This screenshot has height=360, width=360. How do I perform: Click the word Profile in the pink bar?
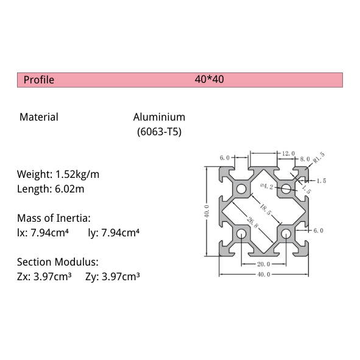click(x=38, y=80)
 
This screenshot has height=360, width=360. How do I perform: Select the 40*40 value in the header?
click(x=209, y=80)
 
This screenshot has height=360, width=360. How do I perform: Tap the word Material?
click(x=39, y=117)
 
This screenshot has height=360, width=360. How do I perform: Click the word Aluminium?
click(x=159, y=117)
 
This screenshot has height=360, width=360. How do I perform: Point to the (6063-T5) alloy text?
click(x=159, y=131)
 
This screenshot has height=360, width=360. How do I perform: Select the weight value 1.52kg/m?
click(x=77, y=174)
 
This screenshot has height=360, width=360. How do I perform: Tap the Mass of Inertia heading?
click(x=54, y=217)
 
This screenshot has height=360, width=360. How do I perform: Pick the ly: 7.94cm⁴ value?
click(x=115, y=232)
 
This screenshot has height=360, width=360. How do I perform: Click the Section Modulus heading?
click(x=57, y=262)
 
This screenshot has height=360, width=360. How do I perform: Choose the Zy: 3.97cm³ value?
click(x=113, y=277)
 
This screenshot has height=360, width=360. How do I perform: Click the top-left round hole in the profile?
click(x=242, y=189)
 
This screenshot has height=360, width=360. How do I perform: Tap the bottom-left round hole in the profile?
click(x=242, y=233)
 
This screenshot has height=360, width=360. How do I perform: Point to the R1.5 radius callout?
click(x=319, y=158)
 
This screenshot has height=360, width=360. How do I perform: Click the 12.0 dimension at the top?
click(x=288, y=153)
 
